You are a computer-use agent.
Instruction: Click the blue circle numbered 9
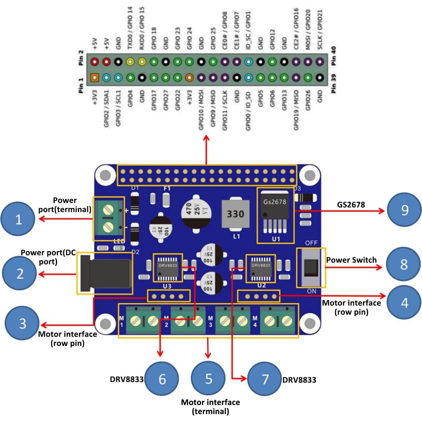tap(404, 210)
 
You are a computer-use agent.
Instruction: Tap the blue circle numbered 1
tap(18, 219)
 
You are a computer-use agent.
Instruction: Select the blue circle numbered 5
tap(208, 378)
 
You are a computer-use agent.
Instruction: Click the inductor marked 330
tap(236, 214)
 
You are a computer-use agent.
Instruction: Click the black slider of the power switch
tap(311, 268)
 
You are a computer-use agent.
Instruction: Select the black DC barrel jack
tap(106, 273)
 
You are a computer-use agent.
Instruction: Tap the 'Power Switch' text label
tap(351, 260)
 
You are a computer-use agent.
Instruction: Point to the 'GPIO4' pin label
tap(130, 98)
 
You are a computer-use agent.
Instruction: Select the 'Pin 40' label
tap(333, 56)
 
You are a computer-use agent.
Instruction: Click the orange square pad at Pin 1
tap(95, 78)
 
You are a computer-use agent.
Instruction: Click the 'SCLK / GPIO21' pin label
tap(320, 29)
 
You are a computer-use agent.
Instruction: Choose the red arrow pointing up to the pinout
tap(207, 149)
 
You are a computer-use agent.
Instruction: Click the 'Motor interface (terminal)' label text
tap(210, 406)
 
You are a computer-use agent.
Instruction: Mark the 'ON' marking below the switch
tap(311, 291)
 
